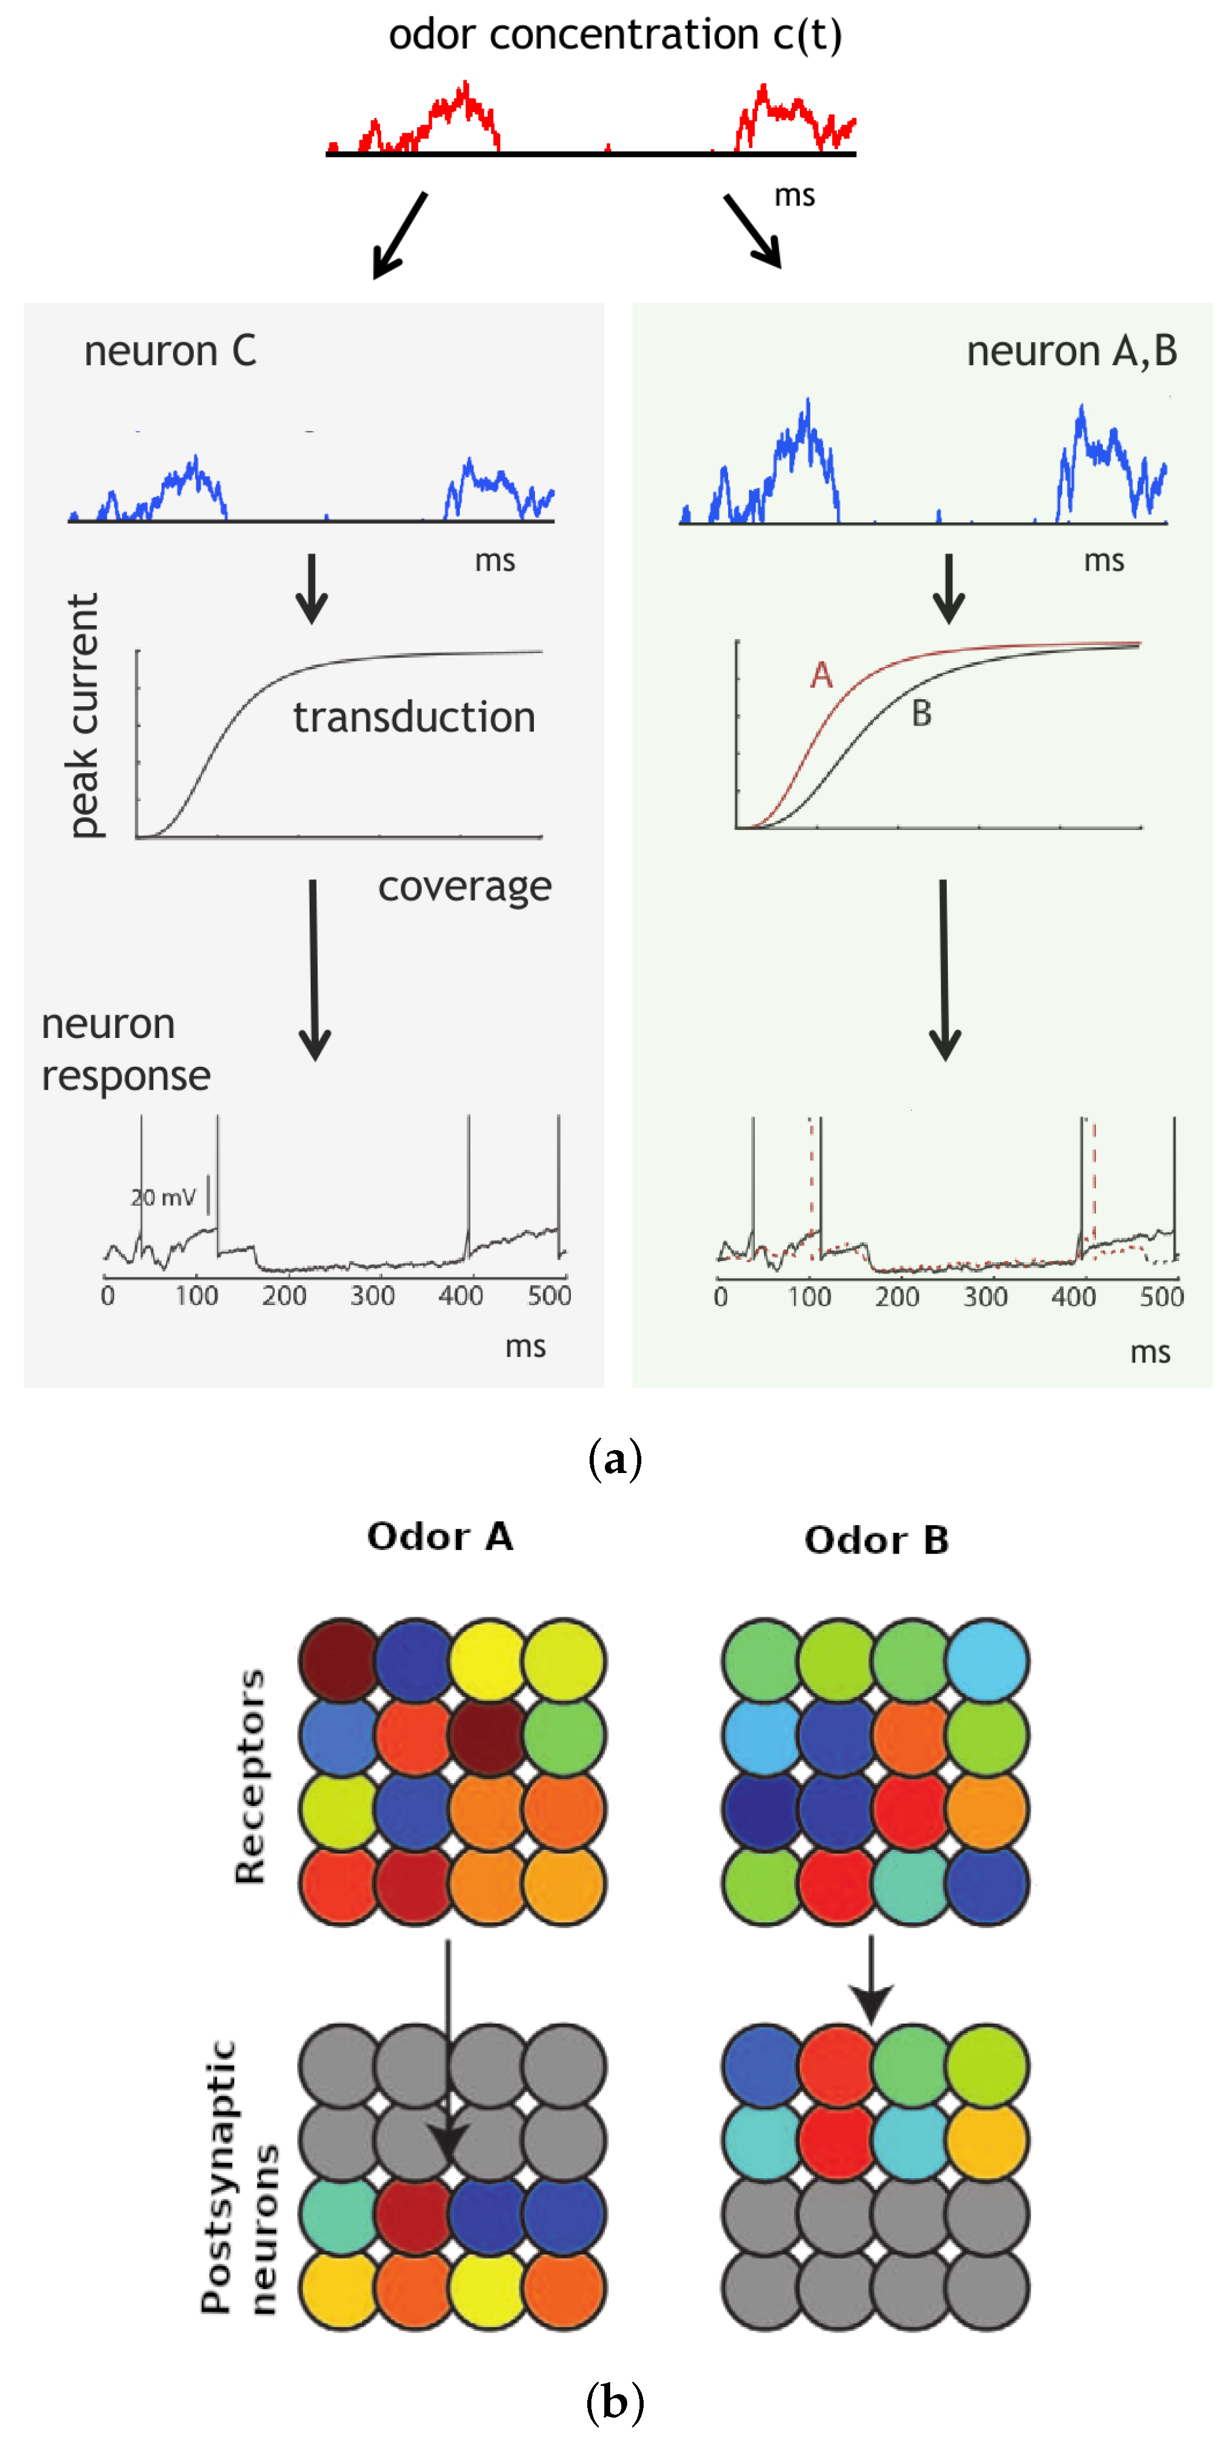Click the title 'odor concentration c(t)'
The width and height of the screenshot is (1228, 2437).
tap(615, 36)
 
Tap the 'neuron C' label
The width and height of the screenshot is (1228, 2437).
tap(170, 351)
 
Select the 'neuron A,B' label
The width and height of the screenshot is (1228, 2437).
tap(1071, 351)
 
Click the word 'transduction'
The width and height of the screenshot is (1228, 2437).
tap(413, 717)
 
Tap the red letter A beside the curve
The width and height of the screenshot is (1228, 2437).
tap(821, 675)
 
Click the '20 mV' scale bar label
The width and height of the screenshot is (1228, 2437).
tap(163, 1198)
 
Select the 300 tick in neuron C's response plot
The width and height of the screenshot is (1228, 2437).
tap(372, 1295)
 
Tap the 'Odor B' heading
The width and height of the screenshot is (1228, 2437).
tap(876, 1540)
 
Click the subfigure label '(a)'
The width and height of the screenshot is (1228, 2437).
tap(615, 1459)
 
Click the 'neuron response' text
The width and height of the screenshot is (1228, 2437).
tap(125, 1050)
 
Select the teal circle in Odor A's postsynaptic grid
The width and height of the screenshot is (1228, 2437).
tap(339, 2214)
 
